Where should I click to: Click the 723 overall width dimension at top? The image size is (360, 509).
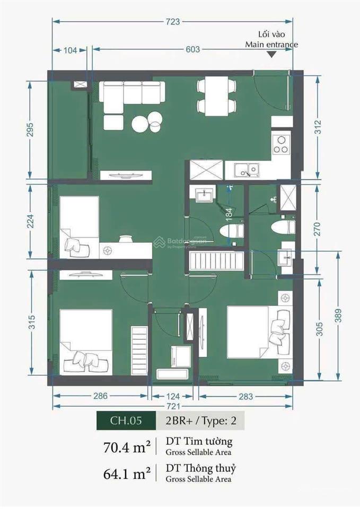pos(173,22)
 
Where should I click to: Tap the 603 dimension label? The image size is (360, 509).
pos(193,49)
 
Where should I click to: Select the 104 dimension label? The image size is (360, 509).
pos(69,50)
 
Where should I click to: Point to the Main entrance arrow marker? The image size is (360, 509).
pos(271,54)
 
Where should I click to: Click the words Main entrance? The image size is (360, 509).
pos(271,45)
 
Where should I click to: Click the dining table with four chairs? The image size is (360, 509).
pos(216,96)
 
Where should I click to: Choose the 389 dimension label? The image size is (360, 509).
pos(338,316)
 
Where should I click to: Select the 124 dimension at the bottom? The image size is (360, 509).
pos(172,396)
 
